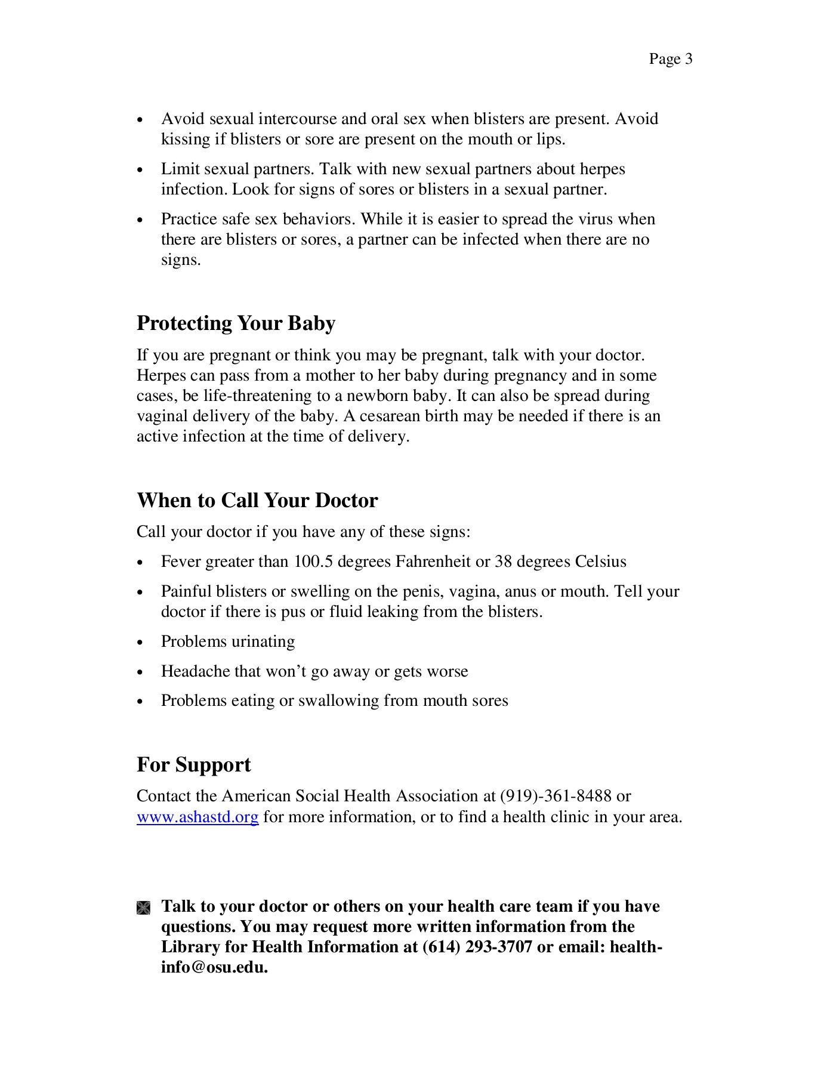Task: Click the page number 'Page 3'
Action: coord(670,59)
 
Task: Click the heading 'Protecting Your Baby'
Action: coord(236,323)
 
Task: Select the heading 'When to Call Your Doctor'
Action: coord(257,500)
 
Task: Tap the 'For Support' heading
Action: coord(194,765)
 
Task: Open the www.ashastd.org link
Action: coord(198,817)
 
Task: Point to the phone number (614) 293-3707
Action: coord(477,947)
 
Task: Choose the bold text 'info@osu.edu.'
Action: coord(214,967)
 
